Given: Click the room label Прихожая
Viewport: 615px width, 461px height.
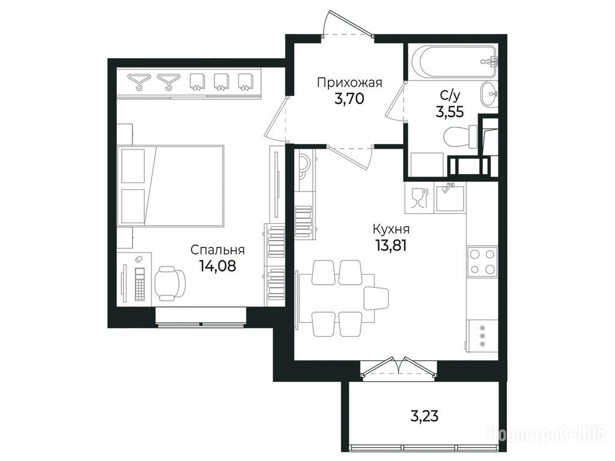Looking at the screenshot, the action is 350,82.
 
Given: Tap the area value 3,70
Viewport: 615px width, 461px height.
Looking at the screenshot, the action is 349,98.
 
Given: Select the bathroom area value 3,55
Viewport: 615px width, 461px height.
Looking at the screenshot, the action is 449,112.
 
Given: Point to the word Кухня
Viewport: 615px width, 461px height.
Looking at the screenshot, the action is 391,229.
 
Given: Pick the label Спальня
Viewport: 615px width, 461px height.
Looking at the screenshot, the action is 217,250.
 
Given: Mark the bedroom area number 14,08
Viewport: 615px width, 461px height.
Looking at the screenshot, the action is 217,266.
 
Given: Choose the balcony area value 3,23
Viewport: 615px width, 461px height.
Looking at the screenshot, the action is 425,415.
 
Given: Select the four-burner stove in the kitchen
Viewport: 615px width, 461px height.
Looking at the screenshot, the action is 482,262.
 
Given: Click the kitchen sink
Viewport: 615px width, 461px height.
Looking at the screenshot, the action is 449,197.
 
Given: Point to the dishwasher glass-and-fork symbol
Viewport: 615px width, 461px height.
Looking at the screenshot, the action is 419,198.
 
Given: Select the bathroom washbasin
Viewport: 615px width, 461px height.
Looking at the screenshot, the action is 488,94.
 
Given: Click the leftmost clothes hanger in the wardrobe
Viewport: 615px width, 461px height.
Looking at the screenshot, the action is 138,82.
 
